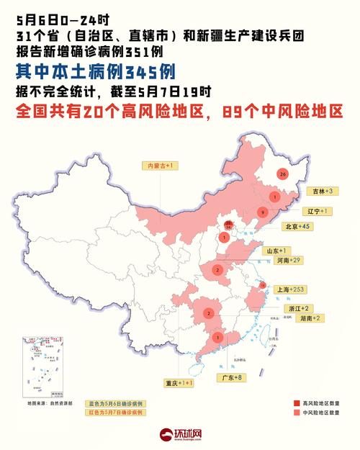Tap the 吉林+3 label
[x=320, y=192]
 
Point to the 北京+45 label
[x=294, y=226]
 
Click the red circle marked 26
[x=282, y=174]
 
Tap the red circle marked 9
[x=264, y=212]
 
